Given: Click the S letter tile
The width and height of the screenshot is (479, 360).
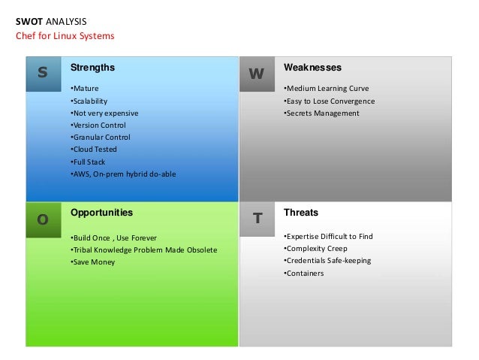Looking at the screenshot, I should point(43,73).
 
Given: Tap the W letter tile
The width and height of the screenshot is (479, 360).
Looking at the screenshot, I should point(257,74).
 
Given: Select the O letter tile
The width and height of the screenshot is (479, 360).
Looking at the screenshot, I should point(43,219).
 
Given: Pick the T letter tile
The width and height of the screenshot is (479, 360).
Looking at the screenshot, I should point(257,219).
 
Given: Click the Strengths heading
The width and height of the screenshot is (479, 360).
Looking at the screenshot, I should point(92,68).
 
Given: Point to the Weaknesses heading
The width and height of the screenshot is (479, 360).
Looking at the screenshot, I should point(312,68).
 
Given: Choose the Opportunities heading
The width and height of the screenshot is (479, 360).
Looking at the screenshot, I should point(101,213).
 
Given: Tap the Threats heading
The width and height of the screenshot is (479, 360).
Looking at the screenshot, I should point(301,213).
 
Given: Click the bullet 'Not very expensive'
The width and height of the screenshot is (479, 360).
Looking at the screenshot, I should point(104,113).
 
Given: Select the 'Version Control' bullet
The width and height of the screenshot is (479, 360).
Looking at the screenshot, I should point(98,125).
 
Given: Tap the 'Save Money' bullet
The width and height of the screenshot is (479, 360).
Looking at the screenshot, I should point(93,262).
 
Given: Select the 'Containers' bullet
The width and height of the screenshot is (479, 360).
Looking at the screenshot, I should point(304,274).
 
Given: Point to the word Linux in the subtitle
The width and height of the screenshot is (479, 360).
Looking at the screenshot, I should point(68,35).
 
